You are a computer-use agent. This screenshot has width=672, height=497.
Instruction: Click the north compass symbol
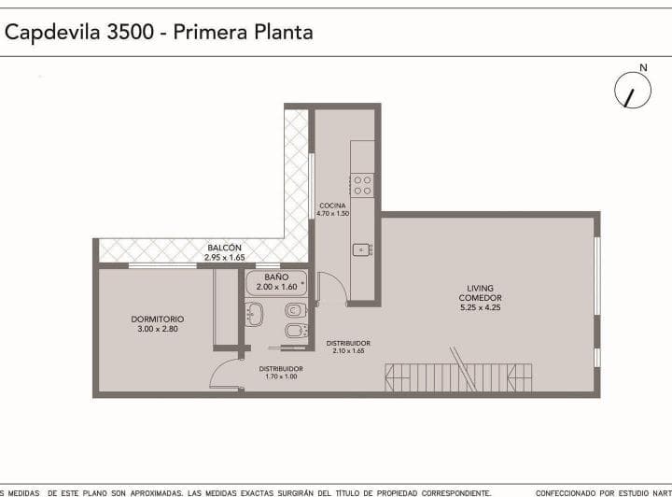pos(633,91)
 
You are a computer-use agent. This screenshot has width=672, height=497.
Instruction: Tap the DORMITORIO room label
pos(157,319)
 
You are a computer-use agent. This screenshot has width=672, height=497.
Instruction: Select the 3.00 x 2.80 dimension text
pos(157,329)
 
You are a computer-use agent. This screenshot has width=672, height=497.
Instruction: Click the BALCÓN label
pos(224,248)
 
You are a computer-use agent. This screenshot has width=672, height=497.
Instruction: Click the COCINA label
pos(332,206)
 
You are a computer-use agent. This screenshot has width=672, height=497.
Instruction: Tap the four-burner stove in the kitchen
pos(362,185)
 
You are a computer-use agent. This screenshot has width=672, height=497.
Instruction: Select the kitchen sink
pos(361,249)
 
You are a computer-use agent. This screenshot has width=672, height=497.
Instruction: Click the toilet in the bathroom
pos(294,309)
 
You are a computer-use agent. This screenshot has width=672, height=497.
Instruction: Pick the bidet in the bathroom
pos(293,332)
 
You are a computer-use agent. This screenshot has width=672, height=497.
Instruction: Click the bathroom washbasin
pos(253,314)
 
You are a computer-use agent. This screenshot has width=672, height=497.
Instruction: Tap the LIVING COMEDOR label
pos(481,292)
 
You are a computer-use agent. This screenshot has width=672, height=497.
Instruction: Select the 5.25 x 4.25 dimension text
pos(481,307)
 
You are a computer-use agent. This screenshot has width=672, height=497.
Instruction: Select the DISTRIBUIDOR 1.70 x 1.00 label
pos(281,372)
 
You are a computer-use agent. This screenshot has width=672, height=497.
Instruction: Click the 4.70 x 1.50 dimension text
pos(332,214)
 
